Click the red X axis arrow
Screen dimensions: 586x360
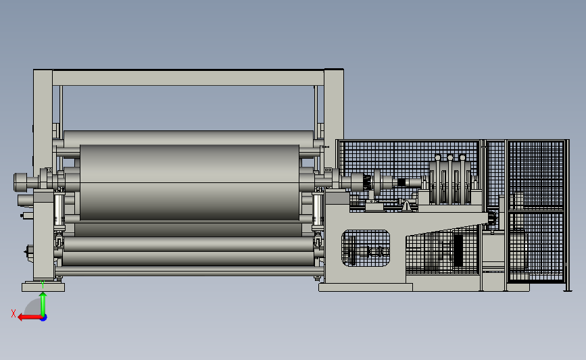point(30,317)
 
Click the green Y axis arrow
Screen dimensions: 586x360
point(43,305)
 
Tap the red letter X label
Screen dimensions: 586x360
point(14,313)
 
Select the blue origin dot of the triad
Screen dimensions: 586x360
point(44,318)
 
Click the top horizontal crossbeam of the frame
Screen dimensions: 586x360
point(188,78)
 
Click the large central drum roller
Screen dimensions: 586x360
point(189,182)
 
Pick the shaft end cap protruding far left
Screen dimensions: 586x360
point(20,182)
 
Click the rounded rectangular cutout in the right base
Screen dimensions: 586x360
point(366,249)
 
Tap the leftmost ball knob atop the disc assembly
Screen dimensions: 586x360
point(437,157)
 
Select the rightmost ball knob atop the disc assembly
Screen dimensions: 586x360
point(462,157)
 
